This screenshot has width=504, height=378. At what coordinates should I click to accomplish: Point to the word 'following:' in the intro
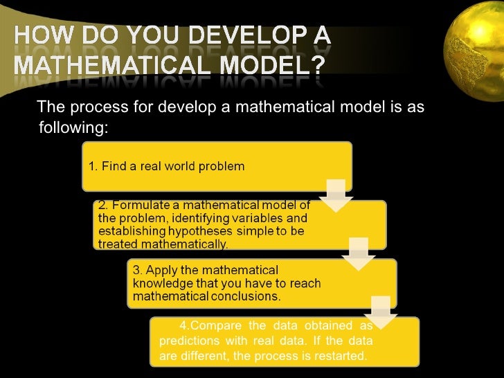(71, 129)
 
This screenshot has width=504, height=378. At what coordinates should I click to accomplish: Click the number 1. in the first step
(93, 166)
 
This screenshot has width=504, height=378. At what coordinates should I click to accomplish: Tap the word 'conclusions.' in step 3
(246, 296)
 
